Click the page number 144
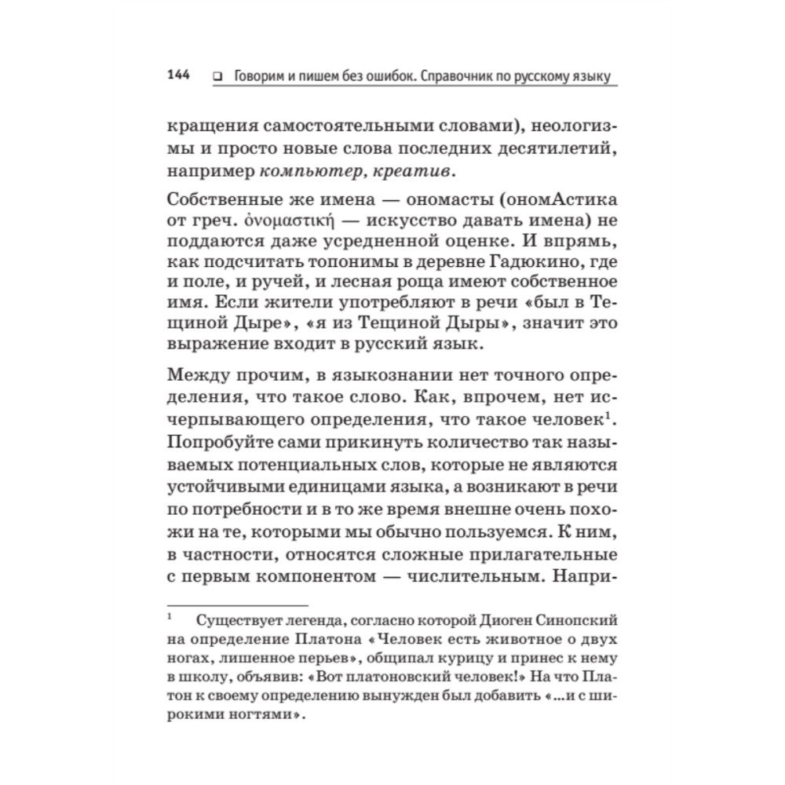pyautogui.click(x=179, y=75)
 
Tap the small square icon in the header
pyautogui.click(x=216, y=77)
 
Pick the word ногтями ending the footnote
pyautogui.click(x=256, y=716)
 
